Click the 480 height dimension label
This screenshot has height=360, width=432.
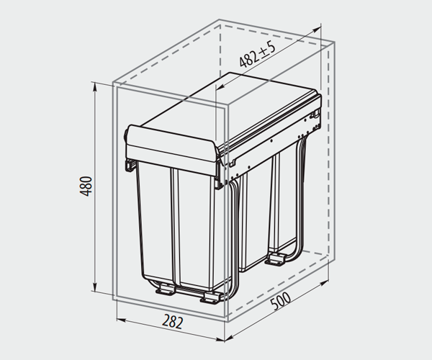point(86,186)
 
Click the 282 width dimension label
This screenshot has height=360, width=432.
point(173,321)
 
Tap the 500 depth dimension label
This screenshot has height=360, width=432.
point(281,301)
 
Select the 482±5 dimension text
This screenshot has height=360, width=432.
point(257,55)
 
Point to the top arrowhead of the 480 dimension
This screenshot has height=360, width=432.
point(95,86)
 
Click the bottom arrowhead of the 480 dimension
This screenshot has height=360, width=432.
point(95,287)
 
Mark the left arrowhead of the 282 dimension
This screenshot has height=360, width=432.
point(121,320)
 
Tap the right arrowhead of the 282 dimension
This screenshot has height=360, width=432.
point(220,338)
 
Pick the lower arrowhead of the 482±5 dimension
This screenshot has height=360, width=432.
point(220,87)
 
